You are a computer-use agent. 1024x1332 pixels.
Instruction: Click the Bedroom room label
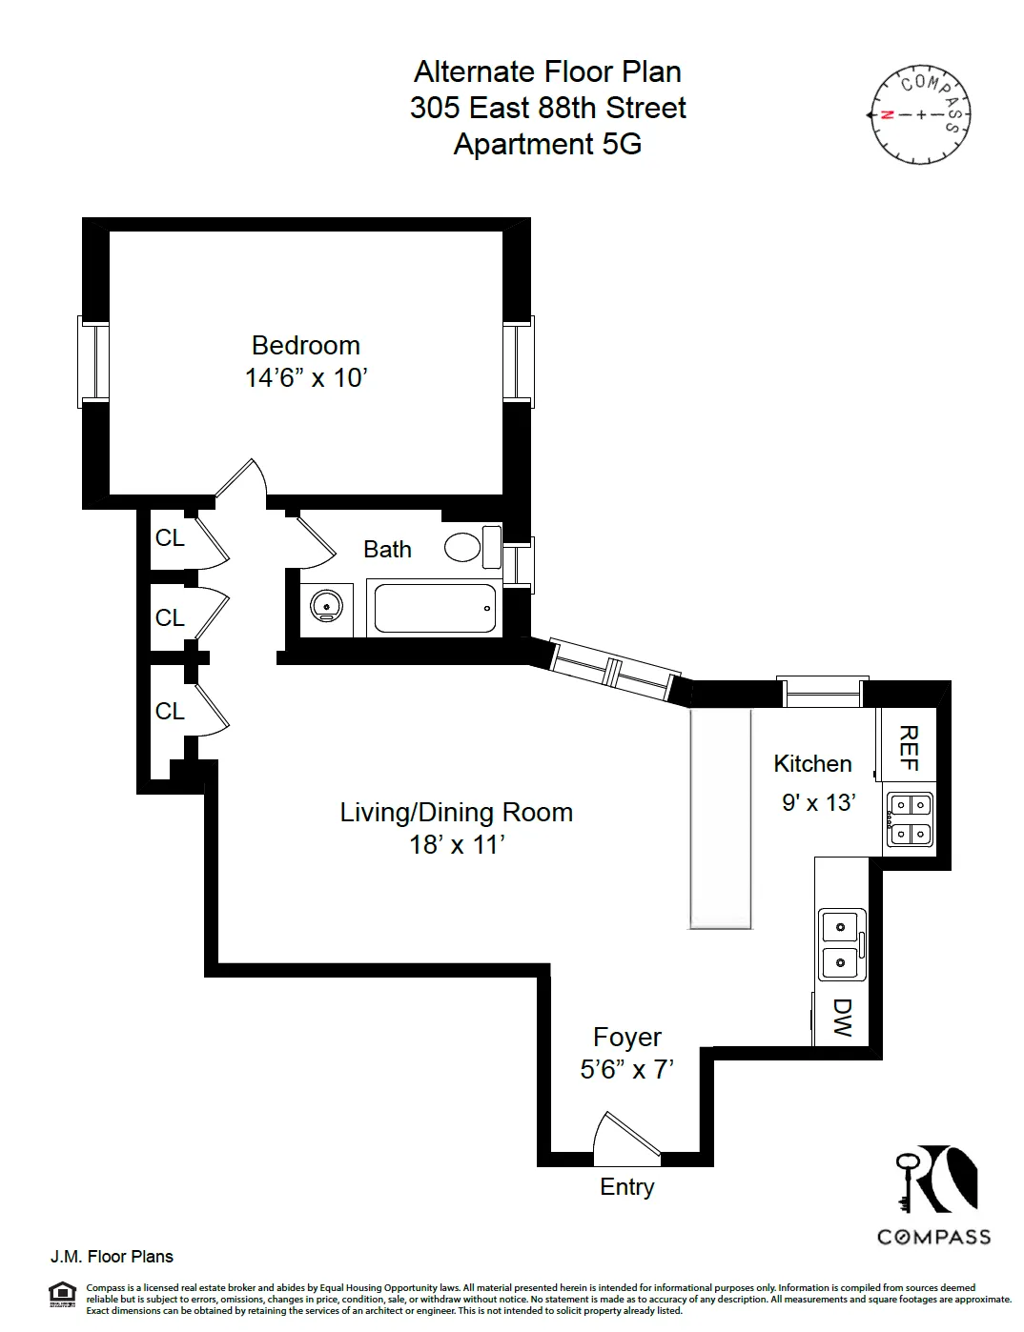click(x=305, y=345)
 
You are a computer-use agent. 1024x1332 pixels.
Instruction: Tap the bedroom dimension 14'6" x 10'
click(x=305, y=378)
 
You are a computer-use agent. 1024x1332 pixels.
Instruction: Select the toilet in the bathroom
click(x=471, y=547)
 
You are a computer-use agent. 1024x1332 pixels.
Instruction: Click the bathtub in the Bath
click(x=435, y=608)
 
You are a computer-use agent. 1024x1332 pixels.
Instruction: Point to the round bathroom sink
click(x=326, y=606)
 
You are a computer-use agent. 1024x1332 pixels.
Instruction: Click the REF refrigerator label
click(x=909, y=748)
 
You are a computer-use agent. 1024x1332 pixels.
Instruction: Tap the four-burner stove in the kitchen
click(x=909, y=819)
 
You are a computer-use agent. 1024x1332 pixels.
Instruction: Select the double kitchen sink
click(x=842, y=944)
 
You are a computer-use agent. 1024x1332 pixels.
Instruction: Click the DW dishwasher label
click(x=842, y=1018)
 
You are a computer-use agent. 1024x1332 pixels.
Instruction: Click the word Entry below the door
click(x=626, y=1187)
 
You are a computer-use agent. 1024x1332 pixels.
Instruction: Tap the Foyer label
click(x=626, y=1038)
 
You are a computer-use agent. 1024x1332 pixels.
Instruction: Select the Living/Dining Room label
click(x=456, y=813)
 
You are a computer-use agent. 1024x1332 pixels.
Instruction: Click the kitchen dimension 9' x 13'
click(x=818, y=803)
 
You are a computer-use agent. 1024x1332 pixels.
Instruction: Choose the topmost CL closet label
click(x=170, y=538)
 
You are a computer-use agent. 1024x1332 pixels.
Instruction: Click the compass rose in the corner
click(x=920, y=114)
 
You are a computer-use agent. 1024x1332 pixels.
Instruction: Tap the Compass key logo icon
click(x=935, y=1179)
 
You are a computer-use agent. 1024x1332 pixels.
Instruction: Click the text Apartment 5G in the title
click(x=547, y=144)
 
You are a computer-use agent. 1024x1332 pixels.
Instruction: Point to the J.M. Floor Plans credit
click(x=112, y=1257)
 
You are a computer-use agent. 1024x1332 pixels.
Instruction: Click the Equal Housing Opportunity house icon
click(x=62, y=1292)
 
